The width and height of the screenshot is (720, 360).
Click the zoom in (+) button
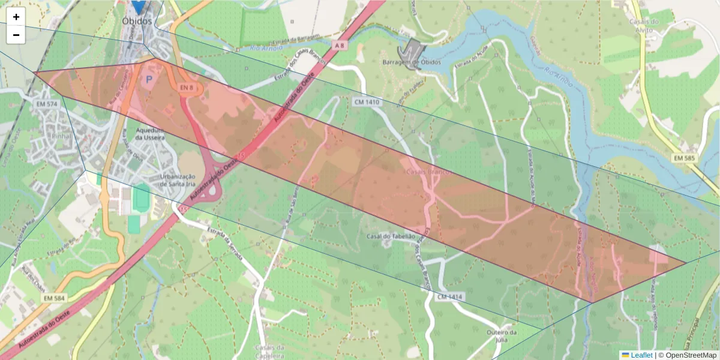click(16, 17)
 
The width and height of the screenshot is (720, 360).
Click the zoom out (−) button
click(16, 35)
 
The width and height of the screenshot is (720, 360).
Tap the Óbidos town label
click(137, 20)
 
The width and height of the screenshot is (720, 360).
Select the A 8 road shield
click(340, 45)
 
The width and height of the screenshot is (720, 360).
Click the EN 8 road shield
click(186, 88)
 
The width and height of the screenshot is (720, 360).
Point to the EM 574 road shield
click(46, 104)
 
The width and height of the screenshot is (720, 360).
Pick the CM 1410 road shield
click(367, 102)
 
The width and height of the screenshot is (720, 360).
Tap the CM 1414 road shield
click(451, 297)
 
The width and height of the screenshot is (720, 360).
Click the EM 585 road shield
click(685, 158)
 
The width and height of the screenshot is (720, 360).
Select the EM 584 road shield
click(54, 298)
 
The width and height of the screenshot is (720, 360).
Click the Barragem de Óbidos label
click(412, 62)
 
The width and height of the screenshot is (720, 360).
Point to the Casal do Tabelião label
click(391, 236)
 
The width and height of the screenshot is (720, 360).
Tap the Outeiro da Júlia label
click(502, 336)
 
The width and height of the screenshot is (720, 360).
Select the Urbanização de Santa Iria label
click(178, 180)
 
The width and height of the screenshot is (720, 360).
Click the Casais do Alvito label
click(644, 26)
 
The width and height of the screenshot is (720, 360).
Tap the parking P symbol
click(148, 79)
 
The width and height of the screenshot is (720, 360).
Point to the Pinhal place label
click(61, 136)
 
